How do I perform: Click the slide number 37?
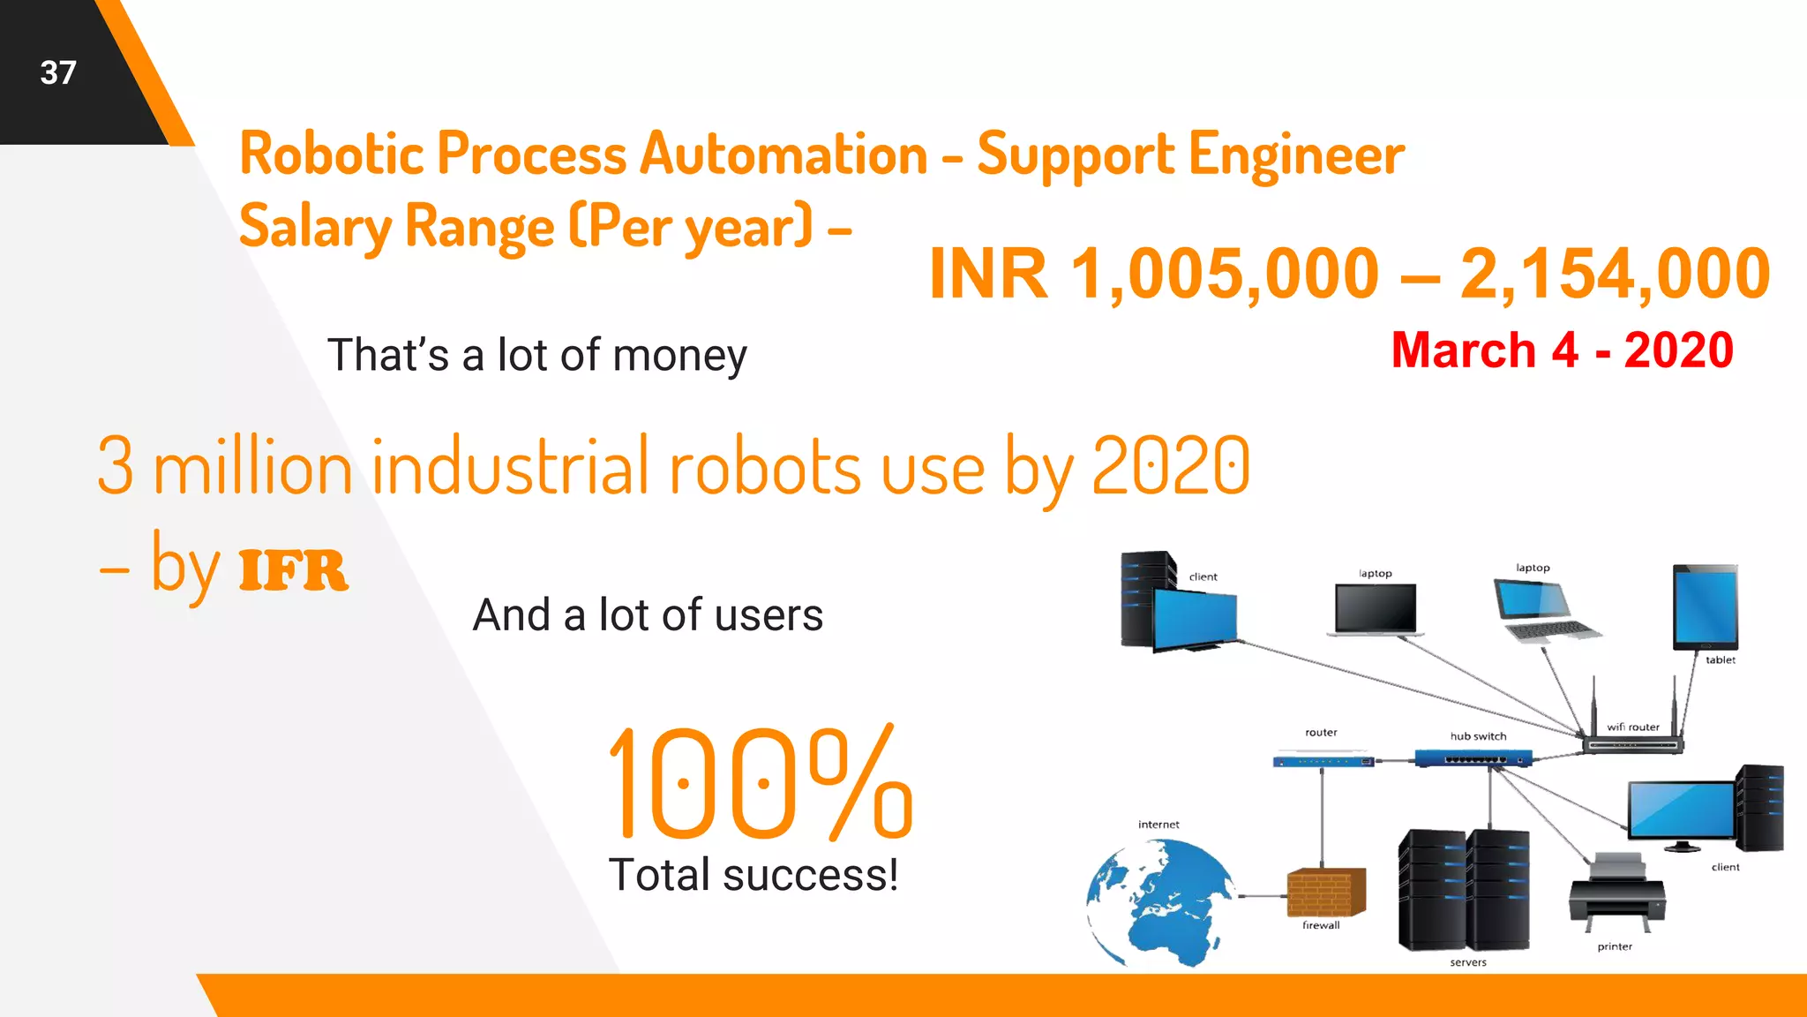pos(58,72)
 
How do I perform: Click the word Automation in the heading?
pos(784,154)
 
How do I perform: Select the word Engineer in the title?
pos(1296,154)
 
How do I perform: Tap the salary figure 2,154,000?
pos(1615,274)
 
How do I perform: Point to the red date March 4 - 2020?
pos(1562,350)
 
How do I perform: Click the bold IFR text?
pos(294,570)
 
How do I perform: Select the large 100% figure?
pos(761,782)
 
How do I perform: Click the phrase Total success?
pos(754,875)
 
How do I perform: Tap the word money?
pos(679,355)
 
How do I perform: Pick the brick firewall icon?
pos(1325,893)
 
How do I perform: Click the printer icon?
pos(1616,893)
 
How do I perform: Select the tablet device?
pos(1705,607)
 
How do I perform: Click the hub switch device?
pos(1473,757)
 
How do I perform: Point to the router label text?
pos(1321,732)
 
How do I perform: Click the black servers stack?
pos(1464,890)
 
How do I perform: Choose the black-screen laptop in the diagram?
pos(1376,609)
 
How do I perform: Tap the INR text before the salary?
pos(988,274)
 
